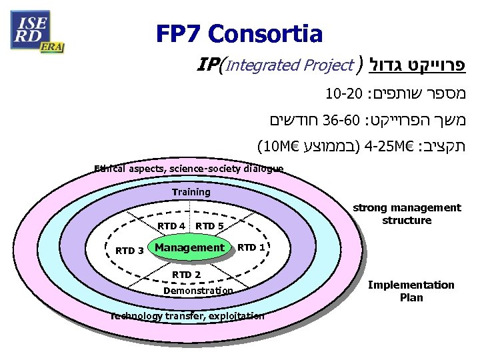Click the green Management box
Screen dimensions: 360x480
click(x=189, y=248)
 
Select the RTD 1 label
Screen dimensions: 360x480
click(x=252, y=247)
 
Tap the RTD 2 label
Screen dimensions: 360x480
click(x=187, y=274)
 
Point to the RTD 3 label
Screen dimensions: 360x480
click(x=129, y=251)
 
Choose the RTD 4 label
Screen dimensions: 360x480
click(x=171, y=225)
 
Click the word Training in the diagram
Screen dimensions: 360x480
click(x=191, y=192)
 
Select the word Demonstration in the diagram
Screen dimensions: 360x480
click(x=198, y=291)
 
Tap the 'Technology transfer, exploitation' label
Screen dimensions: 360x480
click(x=188, y=315)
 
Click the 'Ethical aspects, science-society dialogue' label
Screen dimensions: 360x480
click(x=189, y=169)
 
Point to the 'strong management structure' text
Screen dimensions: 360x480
click(x=407, y=214)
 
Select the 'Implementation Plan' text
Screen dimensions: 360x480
click(x=411, y=291)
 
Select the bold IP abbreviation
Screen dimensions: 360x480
click(x=209, y=65)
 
